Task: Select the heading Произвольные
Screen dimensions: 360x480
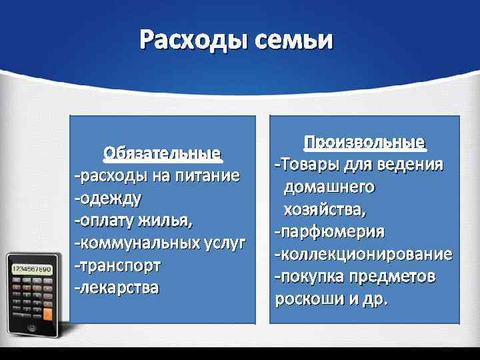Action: [364, 143]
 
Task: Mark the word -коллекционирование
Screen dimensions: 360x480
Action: [364, 255]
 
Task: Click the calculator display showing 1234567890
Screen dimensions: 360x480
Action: [31, 269]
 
